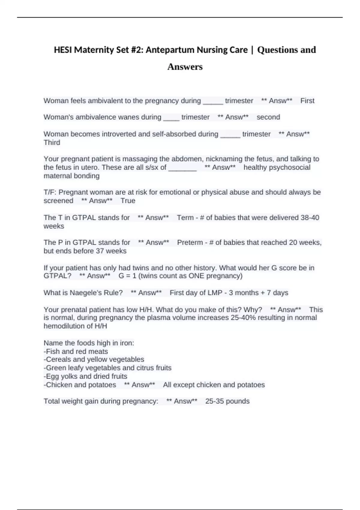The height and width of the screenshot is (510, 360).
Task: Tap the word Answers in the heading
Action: point(185,67)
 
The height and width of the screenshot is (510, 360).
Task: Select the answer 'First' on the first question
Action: point(307,101)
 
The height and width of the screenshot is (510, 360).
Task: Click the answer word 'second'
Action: point(268,117)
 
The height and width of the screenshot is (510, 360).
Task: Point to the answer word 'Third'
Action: point(52,142)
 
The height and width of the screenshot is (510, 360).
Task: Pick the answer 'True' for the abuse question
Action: point(128,201)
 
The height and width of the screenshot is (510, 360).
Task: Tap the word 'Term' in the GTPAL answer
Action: point(185,217)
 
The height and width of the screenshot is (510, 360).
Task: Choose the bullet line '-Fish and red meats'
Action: point(76,351)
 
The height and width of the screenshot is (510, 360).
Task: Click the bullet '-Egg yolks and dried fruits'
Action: point(85,376)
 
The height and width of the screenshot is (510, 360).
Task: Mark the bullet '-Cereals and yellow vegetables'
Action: point(94,359)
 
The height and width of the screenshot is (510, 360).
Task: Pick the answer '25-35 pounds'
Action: point(227,401)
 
